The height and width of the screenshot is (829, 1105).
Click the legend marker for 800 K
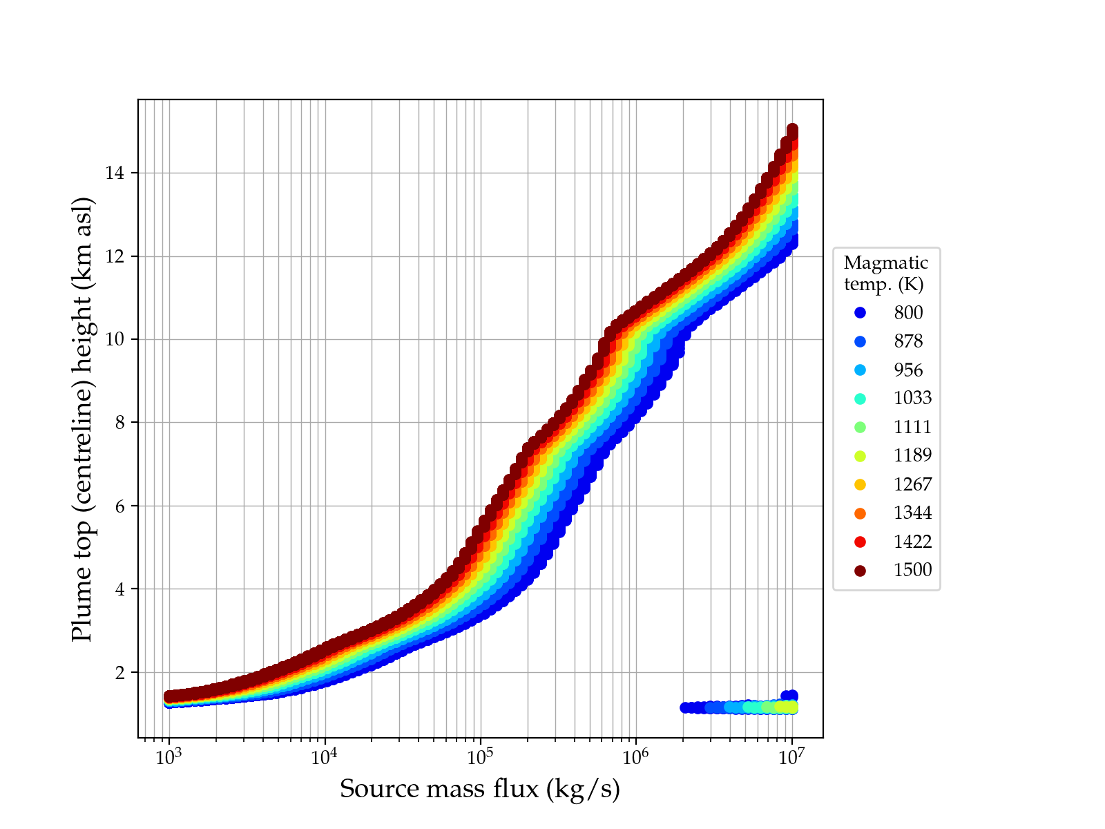click(x=860, y=313)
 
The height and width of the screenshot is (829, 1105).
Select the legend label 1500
click(x=912, y=570)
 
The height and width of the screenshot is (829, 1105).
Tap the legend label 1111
click(x=912, y=427)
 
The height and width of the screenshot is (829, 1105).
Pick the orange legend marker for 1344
click(x=860, y=513)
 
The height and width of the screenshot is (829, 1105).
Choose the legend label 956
click(x=908, y=370)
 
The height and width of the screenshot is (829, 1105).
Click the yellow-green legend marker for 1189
click(x=860, y=456)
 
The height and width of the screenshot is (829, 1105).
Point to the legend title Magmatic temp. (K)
click(x=885, y=273)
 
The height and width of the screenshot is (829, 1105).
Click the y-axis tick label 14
click(x=115, y=173)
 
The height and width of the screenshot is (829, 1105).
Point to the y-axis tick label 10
click(x=115, y=339)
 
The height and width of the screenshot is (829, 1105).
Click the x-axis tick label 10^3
click(x=169, y=757)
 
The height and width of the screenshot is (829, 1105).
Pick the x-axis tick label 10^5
click(x=480, y=757)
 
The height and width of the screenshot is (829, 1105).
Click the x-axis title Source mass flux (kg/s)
click(x=480, y=789)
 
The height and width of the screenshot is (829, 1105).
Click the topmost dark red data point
click(x=792, y=130)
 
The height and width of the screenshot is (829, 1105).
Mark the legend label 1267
click(x=912, y=484)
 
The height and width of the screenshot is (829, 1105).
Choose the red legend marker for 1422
click(x=860, y=542)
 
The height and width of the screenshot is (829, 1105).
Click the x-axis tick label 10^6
click(x=635, y=757)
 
